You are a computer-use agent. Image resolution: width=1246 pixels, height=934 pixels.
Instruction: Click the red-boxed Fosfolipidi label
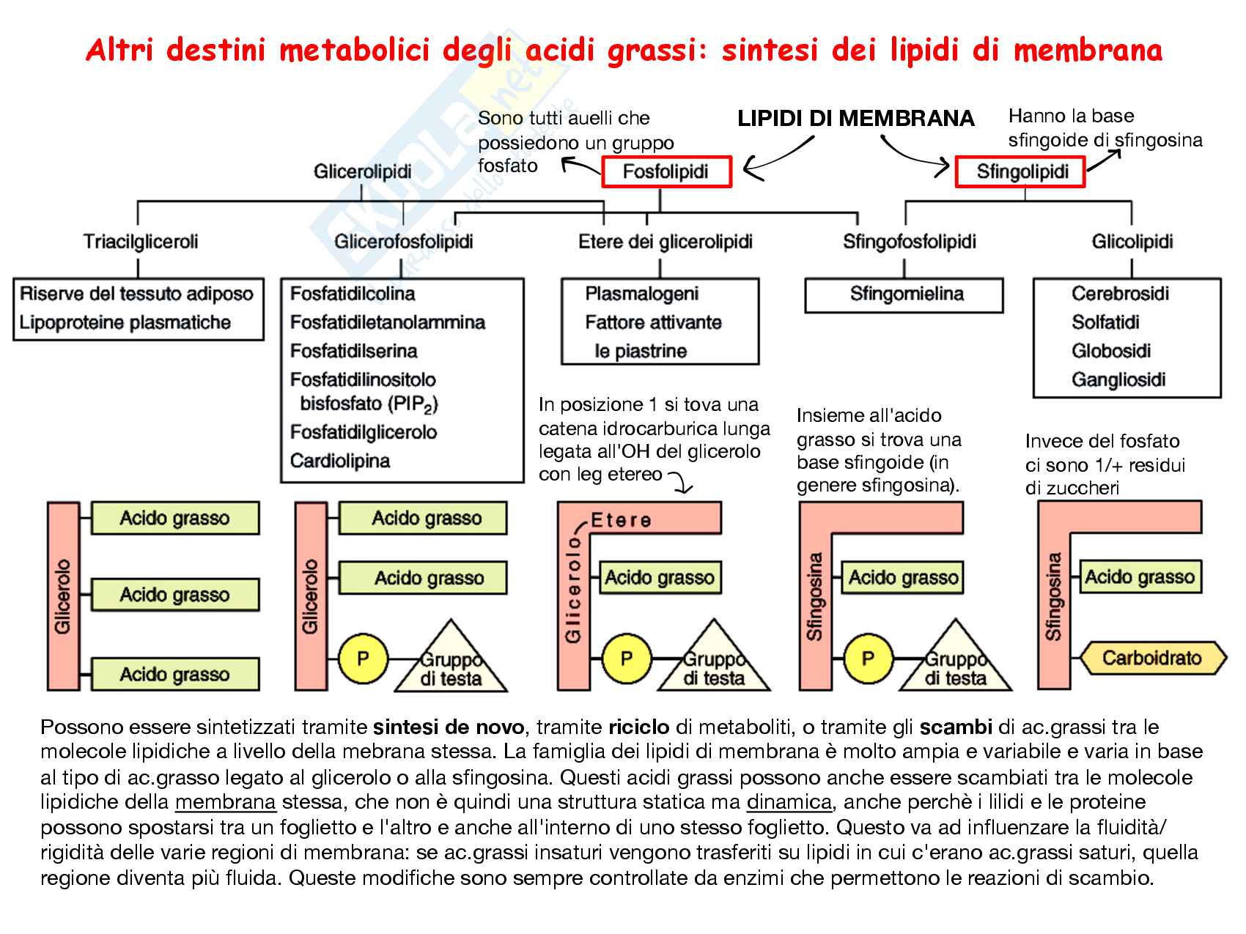(666, 172)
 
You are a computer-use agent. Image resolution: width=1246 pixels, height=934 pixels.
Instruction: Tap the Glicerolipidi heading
(362, 172)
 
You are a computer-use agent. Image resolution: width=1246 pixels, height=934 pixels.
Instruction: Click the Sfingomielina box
(905, 294)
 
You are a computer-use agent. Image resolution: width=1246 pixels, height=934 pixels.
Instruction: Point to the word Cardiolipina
(340, 461)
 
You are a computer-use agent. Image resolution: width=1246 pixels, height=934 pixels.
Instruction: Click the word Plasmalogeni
(641, 294)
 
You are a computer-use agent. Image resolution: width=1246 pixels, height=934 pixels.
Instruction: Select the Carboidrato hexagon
(1151, 658)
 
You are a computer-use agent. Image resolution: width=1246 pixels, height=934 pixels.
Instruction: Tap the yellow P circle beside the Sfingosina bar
(868, 658)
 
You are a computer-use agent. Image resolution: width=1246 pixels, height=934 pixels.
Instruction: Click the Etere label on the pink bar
(620, 520)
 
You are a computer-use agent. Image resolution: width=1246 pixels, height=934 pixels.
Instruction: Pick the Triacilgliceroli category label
(141, 241)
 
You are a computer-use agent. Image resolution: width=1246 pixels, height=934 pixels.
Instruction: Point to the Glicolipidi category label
(1132, 241)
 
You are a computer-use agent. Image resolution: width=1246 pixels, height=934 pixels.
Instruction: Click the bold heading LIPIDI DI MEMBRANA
(855, 119)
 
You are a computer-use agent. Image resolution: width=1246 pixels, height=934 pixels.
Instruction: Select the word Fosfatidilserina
(353, 351)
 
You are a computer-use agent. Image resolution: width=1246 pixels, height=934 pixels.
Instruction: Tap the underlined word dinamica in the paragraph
(789, 802)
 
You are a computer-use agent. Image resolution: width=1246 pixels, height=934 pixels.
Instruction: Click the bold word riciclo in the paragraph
(638, 727)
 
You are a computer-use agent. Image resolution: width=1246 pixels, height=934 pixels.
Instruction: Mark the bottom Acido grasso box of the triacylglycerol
(174, 674)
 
